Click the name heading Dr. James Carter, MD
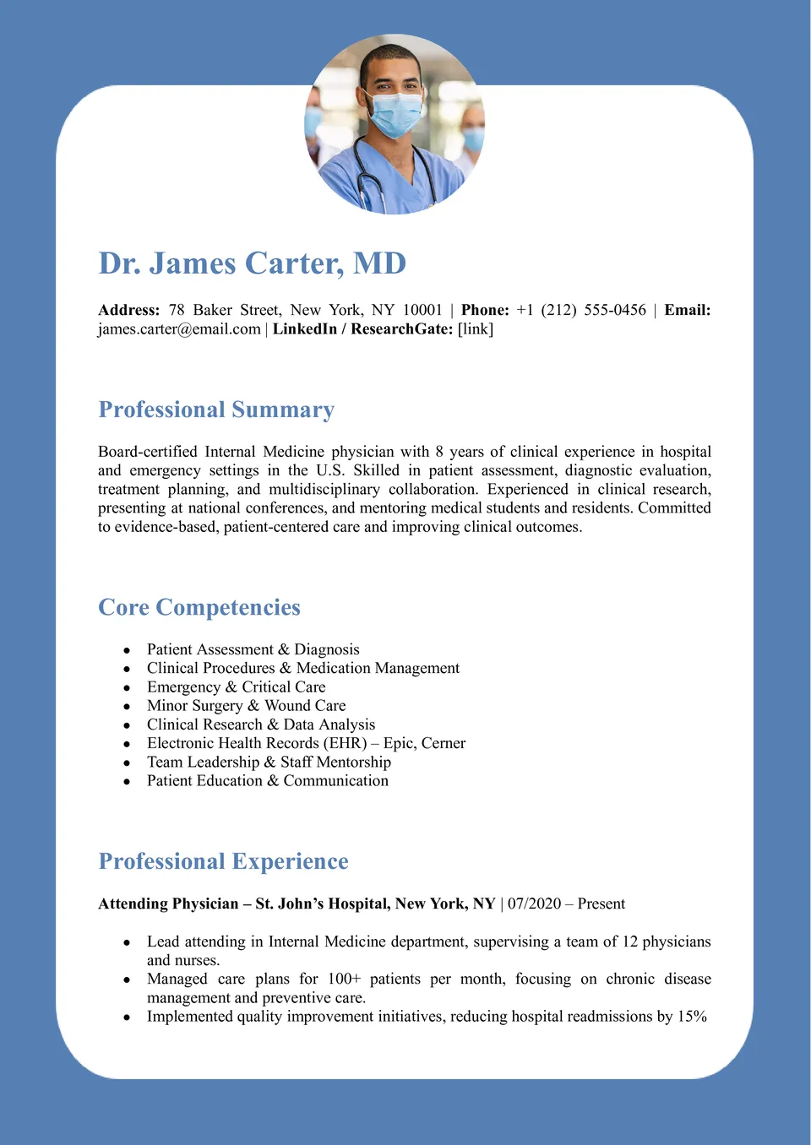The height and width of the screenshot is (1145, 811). coord(252,263)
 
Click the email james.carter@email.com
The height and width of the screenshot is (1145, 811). coord(179,328)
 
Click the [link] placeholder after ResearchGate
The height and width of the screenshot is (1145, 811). coord(476,328)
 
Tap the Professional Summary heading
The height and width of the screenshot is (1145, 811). coord(216,410)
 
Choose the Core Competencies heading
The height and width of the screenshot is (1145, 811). coord(199,607)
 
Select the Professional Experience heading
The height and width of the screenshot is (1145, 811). coord(223,861)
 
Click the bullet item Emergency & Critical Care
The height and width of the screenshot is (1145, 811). coord(236,686)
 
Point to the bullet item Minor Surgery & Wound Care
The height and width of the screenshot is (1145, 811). coord(246,705)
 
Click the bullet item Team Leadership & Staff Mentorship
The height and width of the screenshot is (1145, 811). coord(269,762)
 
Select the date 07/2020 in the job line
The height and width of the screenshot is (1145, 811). coord(534,904)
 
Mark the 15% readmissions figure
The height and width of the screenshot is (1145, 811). coord(692,1016)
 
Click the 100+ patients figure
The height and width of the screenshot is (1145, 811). coord(344,979)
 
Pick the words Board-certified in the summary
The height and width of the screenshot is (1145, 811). coord(147,452)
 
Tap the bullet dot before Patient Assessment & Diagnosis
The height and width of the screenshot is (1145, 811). coord(127,650)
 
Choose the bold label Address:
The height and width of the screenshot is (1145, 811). coord(128,310)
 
